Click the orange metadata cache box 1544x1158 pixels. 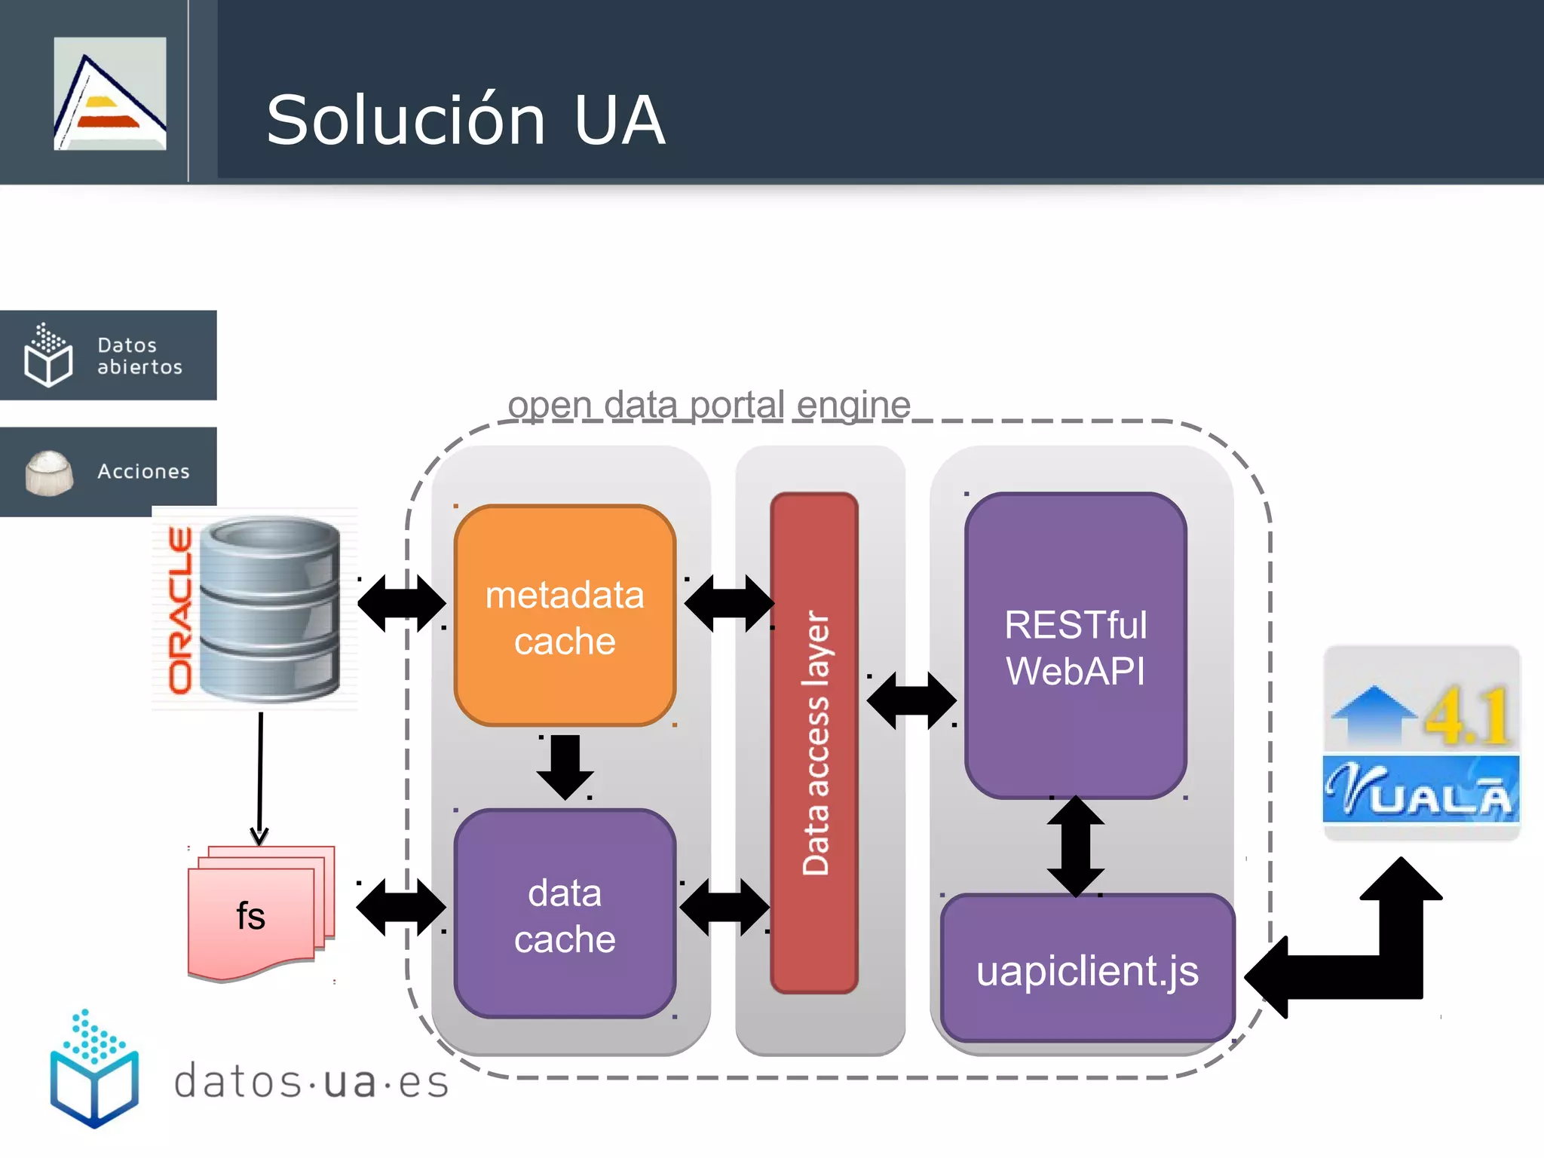point(565,616)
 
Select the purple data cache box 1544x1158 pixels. point(565,914)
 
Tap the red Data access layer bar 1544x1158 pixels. point(814,743)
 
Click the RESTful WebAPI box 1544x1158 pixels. point(1076,647)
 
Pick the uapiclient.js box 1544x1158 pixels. point(1087,970)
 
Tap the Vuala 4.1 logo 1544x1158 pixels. point(1422,743)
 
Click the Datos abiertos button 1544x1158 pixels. point(109,355)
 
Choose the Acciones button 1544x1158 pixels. point(109,472)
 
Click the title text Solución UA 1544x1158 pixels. point(465,121)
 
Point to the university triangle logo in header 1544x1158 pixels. point(110,93)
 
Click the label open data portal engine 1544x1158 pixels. point(709,405)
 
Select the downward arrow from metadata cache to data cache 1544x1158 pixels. point(565,765)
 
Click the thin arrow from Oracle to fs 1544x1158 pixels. point(260,777)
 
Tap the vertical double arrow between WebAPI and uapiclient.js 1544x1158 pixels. point(1076,847)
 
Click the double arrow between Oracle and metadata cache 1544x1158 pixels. point(401,603)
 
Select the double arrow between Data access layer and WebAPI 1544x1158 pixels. point(911,701)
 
